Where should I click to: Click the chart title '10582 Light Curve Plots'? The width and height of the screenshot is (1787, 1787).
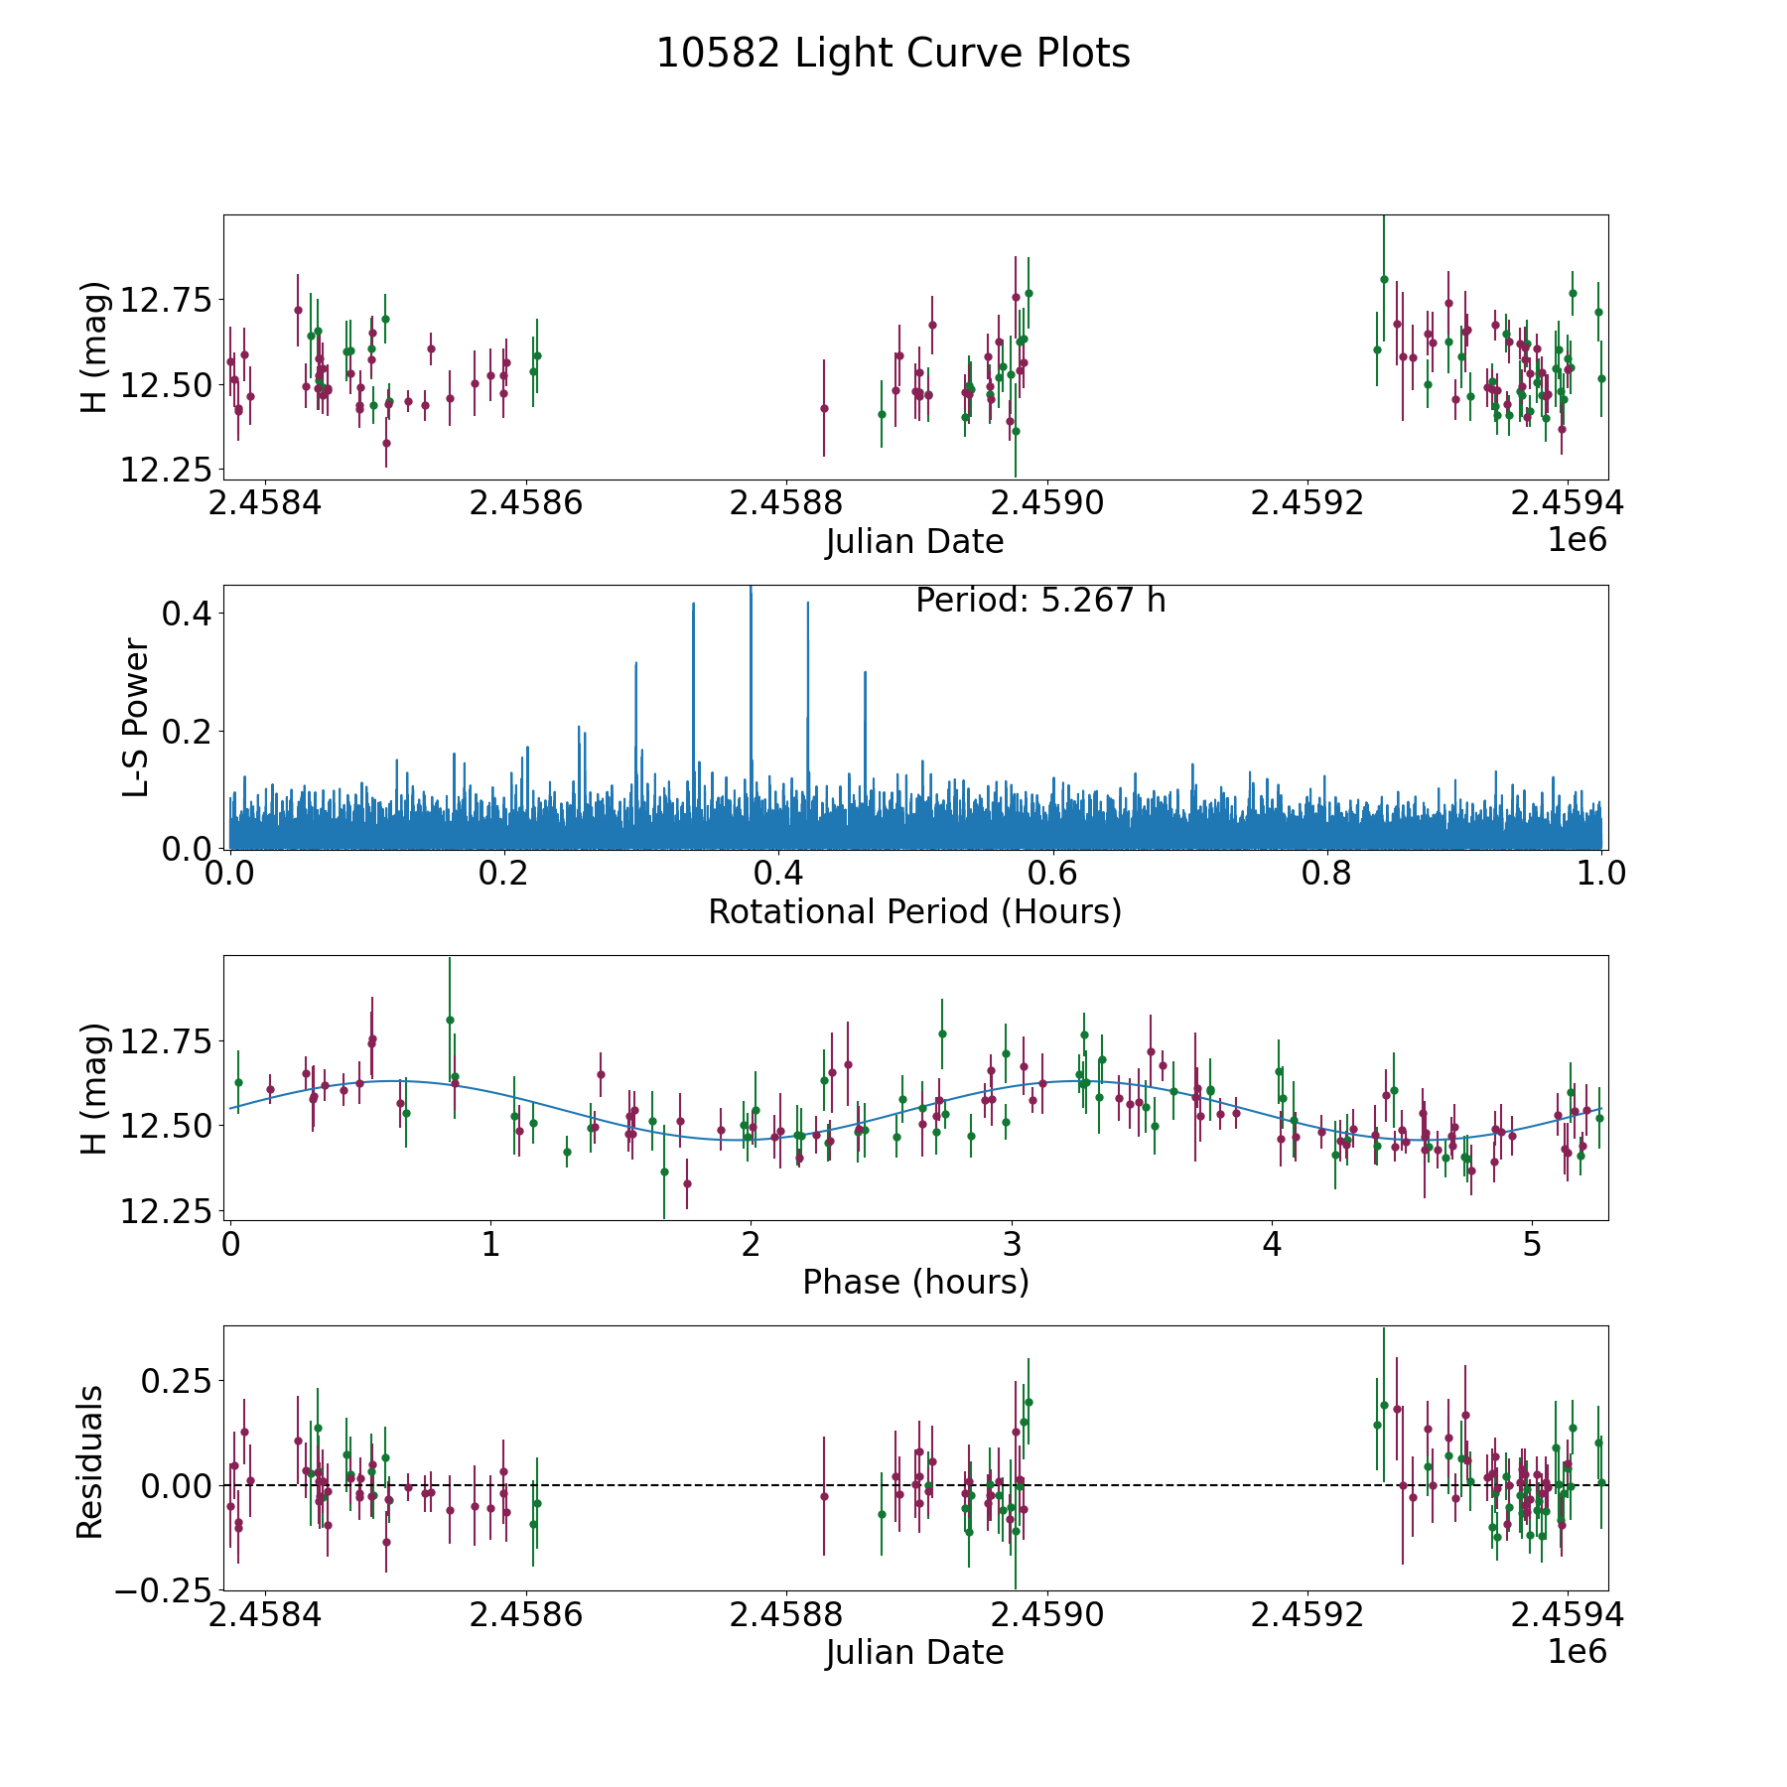click(x=893, y=54)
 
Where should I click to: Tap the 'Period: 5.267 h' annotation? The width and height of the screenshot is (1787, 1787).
click(x=1039, y=601)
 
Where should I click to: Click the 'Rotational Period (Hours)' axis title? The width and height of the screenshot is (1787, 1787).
click(x=914, y=911)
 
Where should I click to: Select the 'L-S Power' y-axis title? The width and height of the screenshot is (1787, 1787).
click(x=137, y=718)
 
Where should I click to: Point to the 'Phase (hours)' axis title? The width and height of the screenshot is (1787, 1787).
click(x=914, y=1282)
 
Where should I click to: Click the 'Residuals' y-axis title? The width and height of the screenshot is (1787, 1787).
click(x=90, y=1462)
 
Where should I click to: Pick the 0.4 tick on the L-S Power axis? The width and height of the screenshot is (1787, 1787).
click(x=189, y=614)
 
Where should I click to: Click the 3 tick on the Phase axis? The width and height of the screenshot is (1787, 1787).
click(x=1011, y=1245)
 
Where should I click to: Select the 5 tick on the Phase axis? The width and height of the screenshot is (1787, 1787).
click(x=1532, y=1245)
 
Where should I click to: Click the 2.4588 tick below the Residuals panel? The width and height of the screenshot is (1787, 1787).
click(x=785, y=1615)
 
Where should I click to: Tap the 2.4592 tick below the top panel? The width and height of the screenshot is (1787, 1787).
click(x=1306, y=503)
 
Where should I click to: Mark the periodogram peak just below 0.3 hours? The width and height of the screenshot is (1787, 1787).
click(x=635, y=663)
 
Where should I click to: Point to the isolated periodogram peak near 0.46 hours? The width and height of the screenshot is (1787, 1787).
click(x=865, y=673)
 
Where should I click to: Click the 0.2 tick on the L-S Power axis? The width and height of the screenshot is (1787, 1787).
click(x=189, y=732)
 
